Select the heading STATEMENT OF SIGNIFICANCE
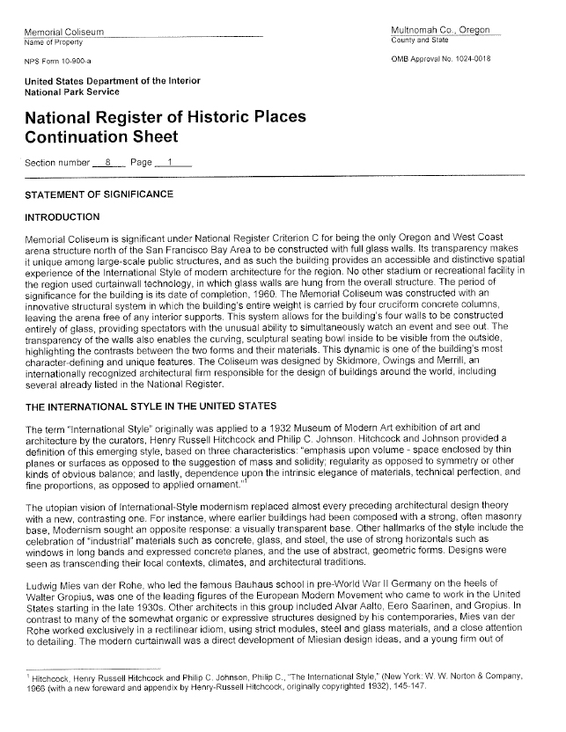[x=99, y=194]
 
